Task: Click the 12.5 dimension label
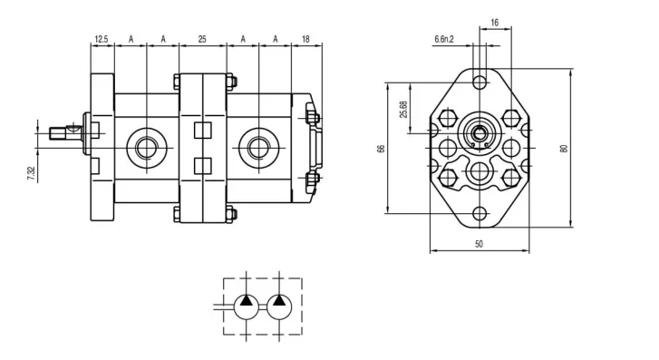coord(102,39)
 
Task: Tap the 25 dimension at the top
coord(202,39)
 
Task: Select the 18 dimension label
coord(305,39)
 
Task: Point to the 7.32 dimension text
coord(31,173)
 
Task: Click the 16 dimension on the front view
coord(495,23)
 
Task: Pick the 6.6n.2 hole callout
coord(444,40)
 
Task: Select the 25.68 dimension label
coord(404,110)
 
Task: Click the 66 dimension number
coord(382,149)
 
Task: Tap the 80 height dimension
coord(565,149)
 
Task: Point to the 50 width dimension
coord(480,244)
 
